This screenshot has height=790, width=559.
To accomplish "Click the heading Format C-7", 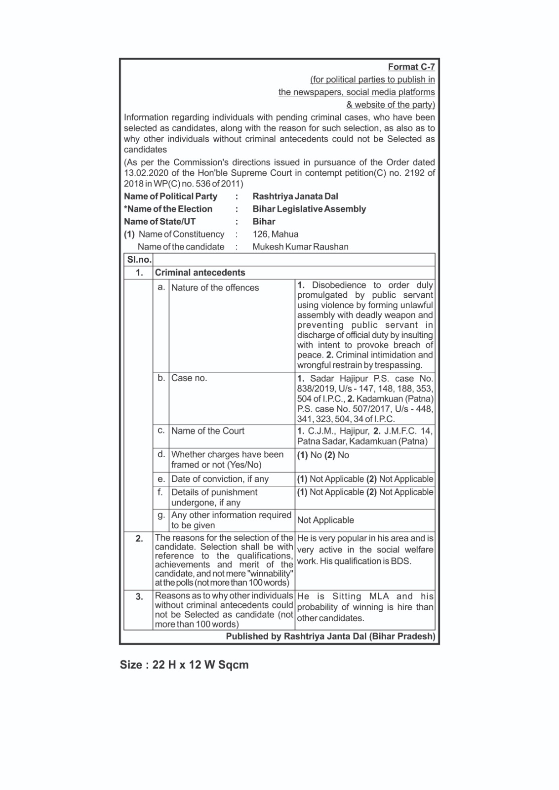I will (411, 67).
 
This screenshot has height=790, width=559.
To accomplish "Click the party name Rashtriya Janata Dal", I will (295, 197).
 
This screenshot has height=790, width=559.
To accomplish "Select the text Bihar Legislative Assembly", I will (309, 209).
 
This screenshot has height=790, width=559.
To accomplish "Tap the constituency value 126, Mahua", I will (275, 234).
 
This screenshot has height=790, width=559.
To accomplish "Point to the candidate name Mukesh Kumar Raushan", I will (300, 247).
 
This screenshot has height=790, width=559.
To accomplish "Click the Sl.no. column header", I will (139, 260).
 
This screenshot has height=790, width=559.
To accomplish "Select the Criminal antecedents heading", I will (200, 273).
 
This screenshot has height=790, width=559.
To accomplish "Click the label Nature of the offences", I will (215, 288).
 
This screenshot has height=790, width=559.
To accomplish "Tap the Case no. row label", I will (189, 378).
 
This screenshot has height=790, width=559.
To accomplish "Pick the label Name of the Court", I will (207, 431).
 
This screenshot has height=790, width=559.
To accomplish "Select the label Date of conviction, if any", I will (220, 479).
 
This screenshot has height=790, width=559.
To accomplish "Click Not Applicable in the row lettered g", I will (325, 520).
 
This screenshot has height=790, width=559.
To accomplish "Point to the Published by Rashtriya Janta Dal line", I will (330, 636).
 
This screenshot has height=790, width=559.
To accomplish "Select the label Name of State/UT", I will (160, 222).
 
